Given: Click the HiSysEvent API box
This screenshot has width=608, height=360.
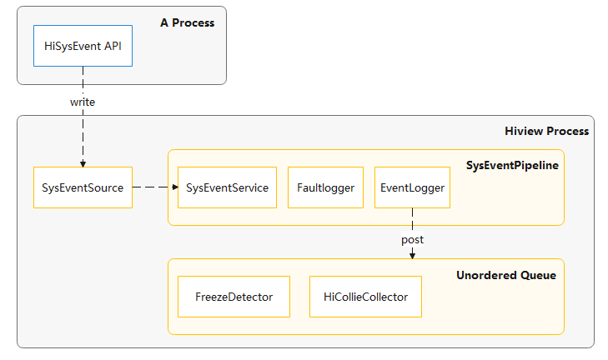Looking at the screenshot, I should click(83, 46).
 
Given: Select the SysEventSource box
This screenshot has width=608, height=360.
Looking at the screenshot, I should click(83, 187).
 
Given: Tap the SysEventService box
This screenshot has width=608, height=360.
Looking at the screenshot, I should click(228, 187).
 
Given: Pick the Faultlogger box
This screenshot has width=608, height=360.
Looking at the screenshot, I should click(326, 187).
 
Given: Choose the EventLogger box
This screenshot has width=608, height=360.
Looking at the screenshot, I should click(412, 187).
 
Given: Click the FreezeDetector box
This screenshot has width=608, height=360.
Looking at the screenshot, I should click(234, 297).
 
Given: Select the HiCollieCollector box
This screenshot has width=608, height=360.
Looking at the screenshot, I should click(365, 297).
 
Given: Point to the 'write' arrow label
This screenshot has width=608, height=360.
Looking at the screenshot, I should click(83, 102).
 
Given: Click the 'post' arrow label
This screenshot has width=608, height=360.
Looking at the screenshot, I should click(412, 239).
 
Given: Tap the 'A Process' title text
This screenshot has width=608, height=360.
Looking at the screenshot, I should click(187, 22).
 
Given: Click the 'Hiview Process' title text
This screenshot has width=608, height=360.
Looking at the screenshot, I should click(546, 131).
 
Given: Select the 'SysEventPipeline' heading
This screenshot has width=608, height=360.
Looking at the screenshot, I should click(512, 166).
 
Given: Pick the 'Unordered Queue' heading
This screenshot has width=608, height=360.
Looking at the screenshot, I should click(505, 275).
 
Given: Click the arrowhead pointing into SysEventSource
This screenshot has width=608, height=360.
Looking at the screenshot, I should click(83, 163).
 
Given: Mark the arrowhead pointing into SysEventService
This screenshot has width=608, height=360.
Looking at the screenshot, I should click(174, 187).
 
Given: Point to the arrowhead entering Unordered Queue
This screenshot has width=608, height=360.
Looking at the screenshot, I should click(412, 254).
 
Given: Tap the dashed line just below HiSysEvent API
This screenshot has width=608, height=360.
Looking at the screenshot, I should click(83, 79).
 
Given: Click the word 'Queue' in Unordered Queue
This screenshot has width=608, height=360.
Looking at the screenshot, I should click(538, 275).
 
